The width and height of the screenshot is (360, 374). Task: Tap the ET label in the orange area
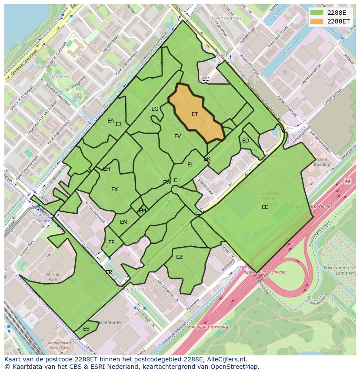tap(195, 114)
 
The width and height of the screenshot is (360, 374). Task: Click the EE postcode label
tap(265, 207)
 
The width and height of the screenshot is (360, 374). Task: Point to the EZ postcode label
tap(179, 257)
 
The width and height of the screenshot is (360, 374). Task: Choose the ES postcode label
tap(86, 329)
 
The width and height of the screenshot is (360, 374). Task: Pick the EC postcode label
tap(206, 79)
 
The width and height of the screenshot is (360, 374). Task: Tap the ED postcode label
tap(246, 141)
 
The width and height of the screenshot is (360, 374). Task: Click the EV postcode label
tap(177, 136)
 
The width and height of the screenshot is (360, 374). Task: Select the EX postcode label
tap(114, 189)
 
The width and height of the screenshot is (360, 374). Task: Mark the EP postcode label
tap(111, 242)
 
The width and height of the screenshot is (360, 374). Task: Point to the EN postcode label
tap(123, 222)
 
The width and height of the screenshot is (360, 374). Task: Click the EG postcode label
tap(155, 109)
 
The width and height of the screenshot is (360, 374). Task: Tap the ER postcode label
tap(109, 272)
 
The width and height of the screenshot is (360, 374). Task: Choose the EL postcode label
tap(190, 165)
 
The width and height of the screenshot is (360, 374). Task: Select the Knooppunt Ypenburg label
tap(208, 326)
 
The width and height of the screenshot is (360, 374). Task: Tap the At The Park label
tap(53, 277)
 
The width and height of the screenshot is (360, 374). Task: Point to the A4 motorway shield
tap(347, 181)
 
